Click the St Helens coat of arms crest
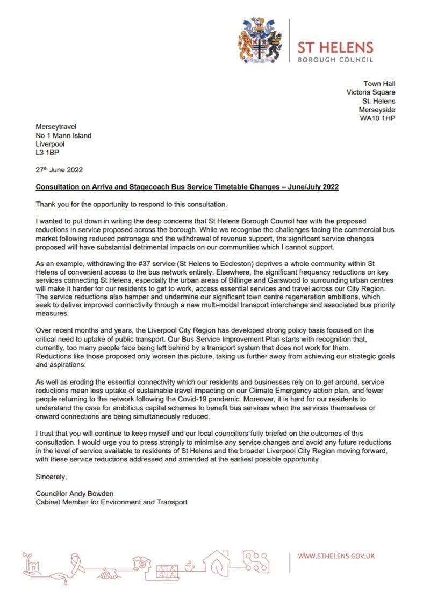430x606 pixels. [x=260, y=41]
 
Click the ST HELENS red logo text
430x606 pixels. [x=335, y=47]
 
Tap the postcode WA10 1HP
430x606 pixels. [x=378, y=118]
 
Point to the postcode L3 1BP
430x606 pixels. [x=47, y=153]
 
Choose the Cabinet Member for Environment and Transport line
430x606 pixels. [x=111, y=502]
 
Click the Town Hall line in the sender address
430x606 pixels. [x=379, y=84]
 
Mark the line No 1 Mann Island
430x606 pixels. [x=63, y=135]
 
